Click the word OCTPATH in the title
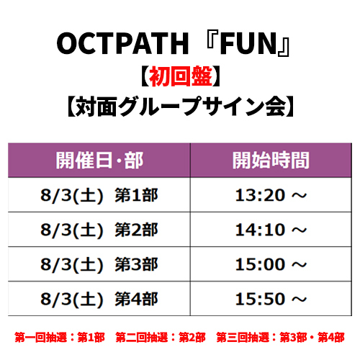[x=122, y=43]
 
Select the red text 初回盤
[x=181, y=76]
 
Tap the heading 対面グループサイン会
[x=180, y=107]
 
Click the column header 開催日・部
[x=99, y=161]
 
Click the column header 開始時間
[x=271, y=161]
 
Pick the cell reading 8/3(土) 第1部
[x=99, y=195]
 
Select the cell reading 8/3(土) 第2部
[x=99, y=230]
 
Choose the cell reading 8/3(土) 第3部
[x=99, y=264]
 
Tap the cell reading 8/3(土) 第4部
[x=99, y=300]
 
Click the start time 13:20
[x=260, y=195]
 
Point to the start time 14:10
[x=260, y=230]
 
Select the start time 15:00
[x=260, y=264]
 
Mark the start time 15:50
[x=260, y=299]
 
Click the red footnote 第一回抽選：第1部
[x=60, y=338]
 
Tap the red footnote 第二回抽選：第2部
[x=161, y=338]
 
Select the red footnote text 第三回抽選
[x=243, y=338]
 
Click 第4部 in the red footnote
[x=331, y=338]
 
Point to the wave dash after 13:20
[x=300, y=196]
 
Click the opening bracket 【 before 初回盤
[x=145, y=76]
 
